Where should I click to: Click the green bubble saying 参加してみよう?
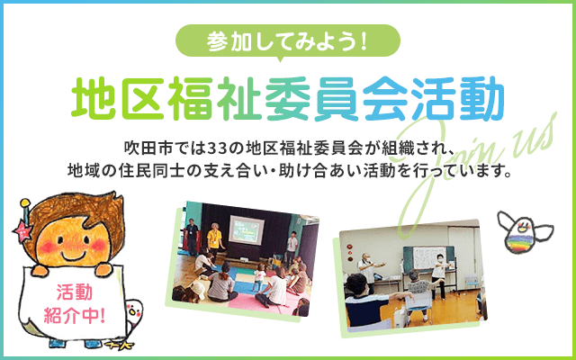click(x=288, y=41)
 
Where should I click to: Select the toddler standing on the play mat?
click(x=260, y=274)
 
